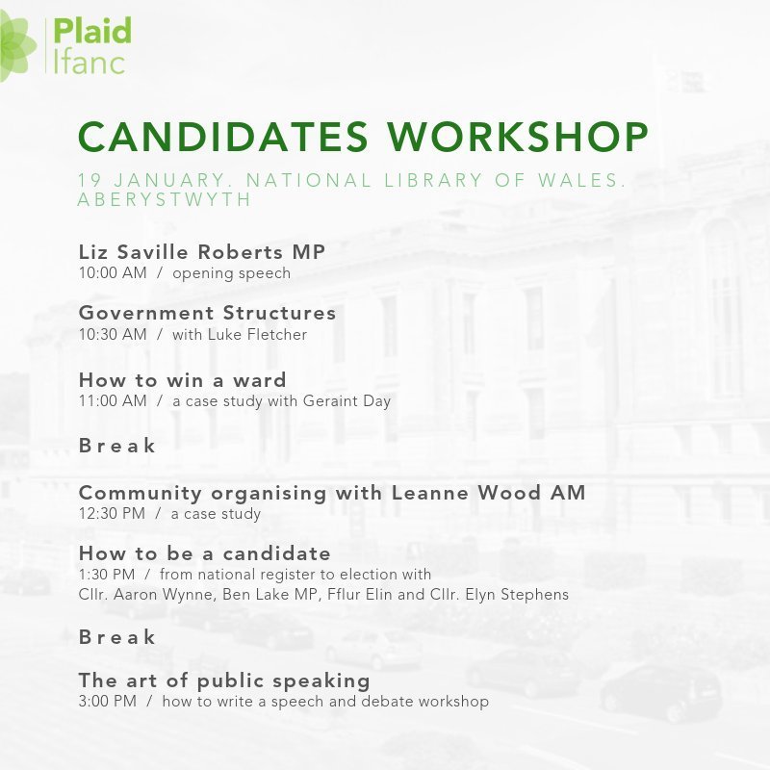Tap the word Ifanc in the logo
(x=89, y=62)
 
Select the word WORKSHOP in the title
(x=517, y=138)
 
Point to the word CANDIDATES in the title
(x=222, y=138)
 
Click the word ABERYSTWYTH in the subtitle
(x=164, y=199)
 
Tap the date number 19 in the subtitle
(x=88, y=181)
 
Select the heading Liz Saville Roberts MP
(x=201, y=252)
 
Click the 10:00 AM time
(x=112, y=273)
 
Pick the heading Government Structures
(x=207, y=313)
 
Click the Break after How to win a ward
(x=116, y=446)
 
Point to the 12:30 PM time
(x=112, y=514)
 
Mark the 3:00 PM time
(x=107, y=702)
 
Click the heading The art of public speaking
(x=223, y=680)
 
